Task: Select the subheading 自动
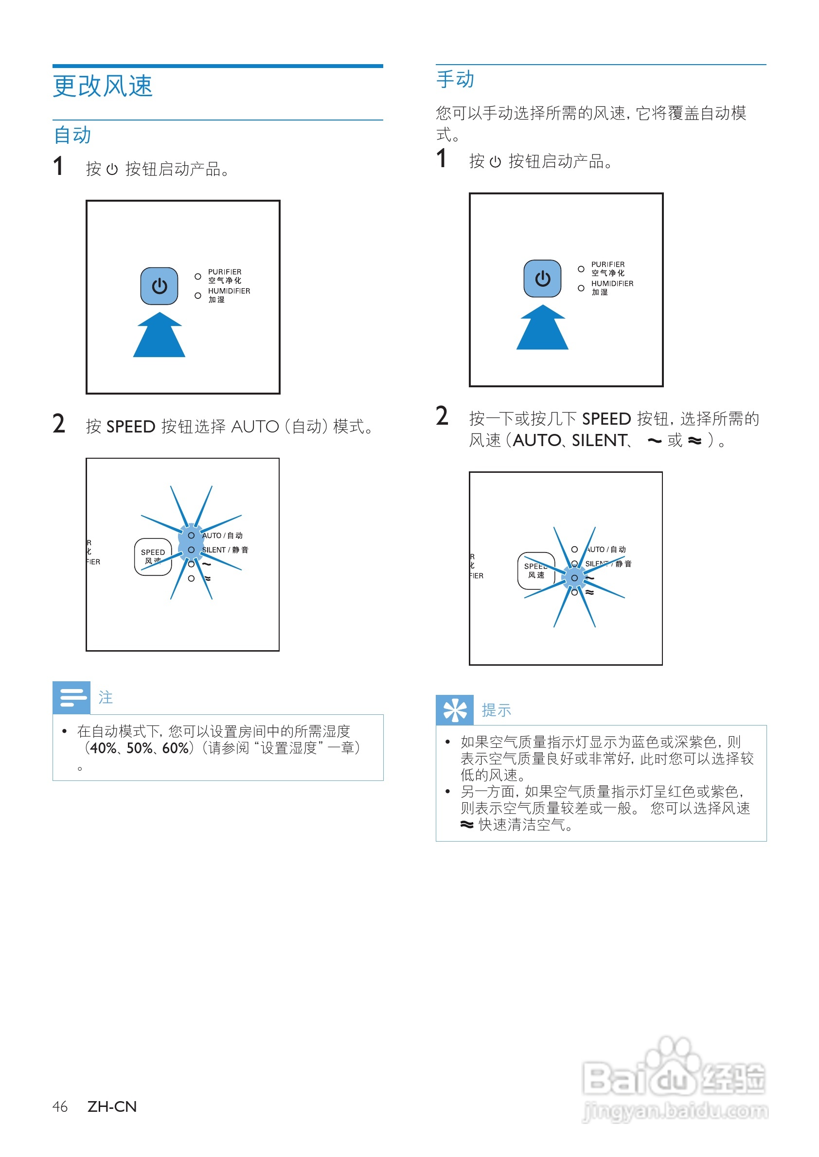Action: click(x=72, y=135)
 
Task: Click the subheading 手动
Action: click(x=455, y=80)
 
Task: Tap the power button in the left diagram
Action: click(x=159, y=286)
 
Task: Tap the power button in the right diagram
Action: click(x=542, y=278)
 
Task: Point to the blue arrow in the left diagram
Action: click(x=159, y=335)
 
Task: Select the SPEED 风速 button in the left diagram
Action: click(x=153, y=556)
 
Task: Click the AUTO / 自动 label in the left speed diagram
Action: click(x=222, y=535)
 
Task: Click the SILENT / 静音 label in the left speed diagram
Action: click(x=225, y=550)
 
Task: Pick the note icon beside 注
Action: click(x=71, y=697)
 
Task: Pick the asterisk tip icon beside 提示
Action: click(x=454, y=710)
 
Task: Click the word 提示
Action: click(x=496, y=710)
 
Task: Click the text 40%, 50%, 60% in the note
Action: click(x=139, y=748)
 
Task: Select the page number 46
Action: click(x=60, y=1106)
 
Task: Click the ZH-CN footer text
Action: click(x=112, y=1106)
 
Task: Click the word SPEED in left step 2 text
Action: click(x=131, y=427)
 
